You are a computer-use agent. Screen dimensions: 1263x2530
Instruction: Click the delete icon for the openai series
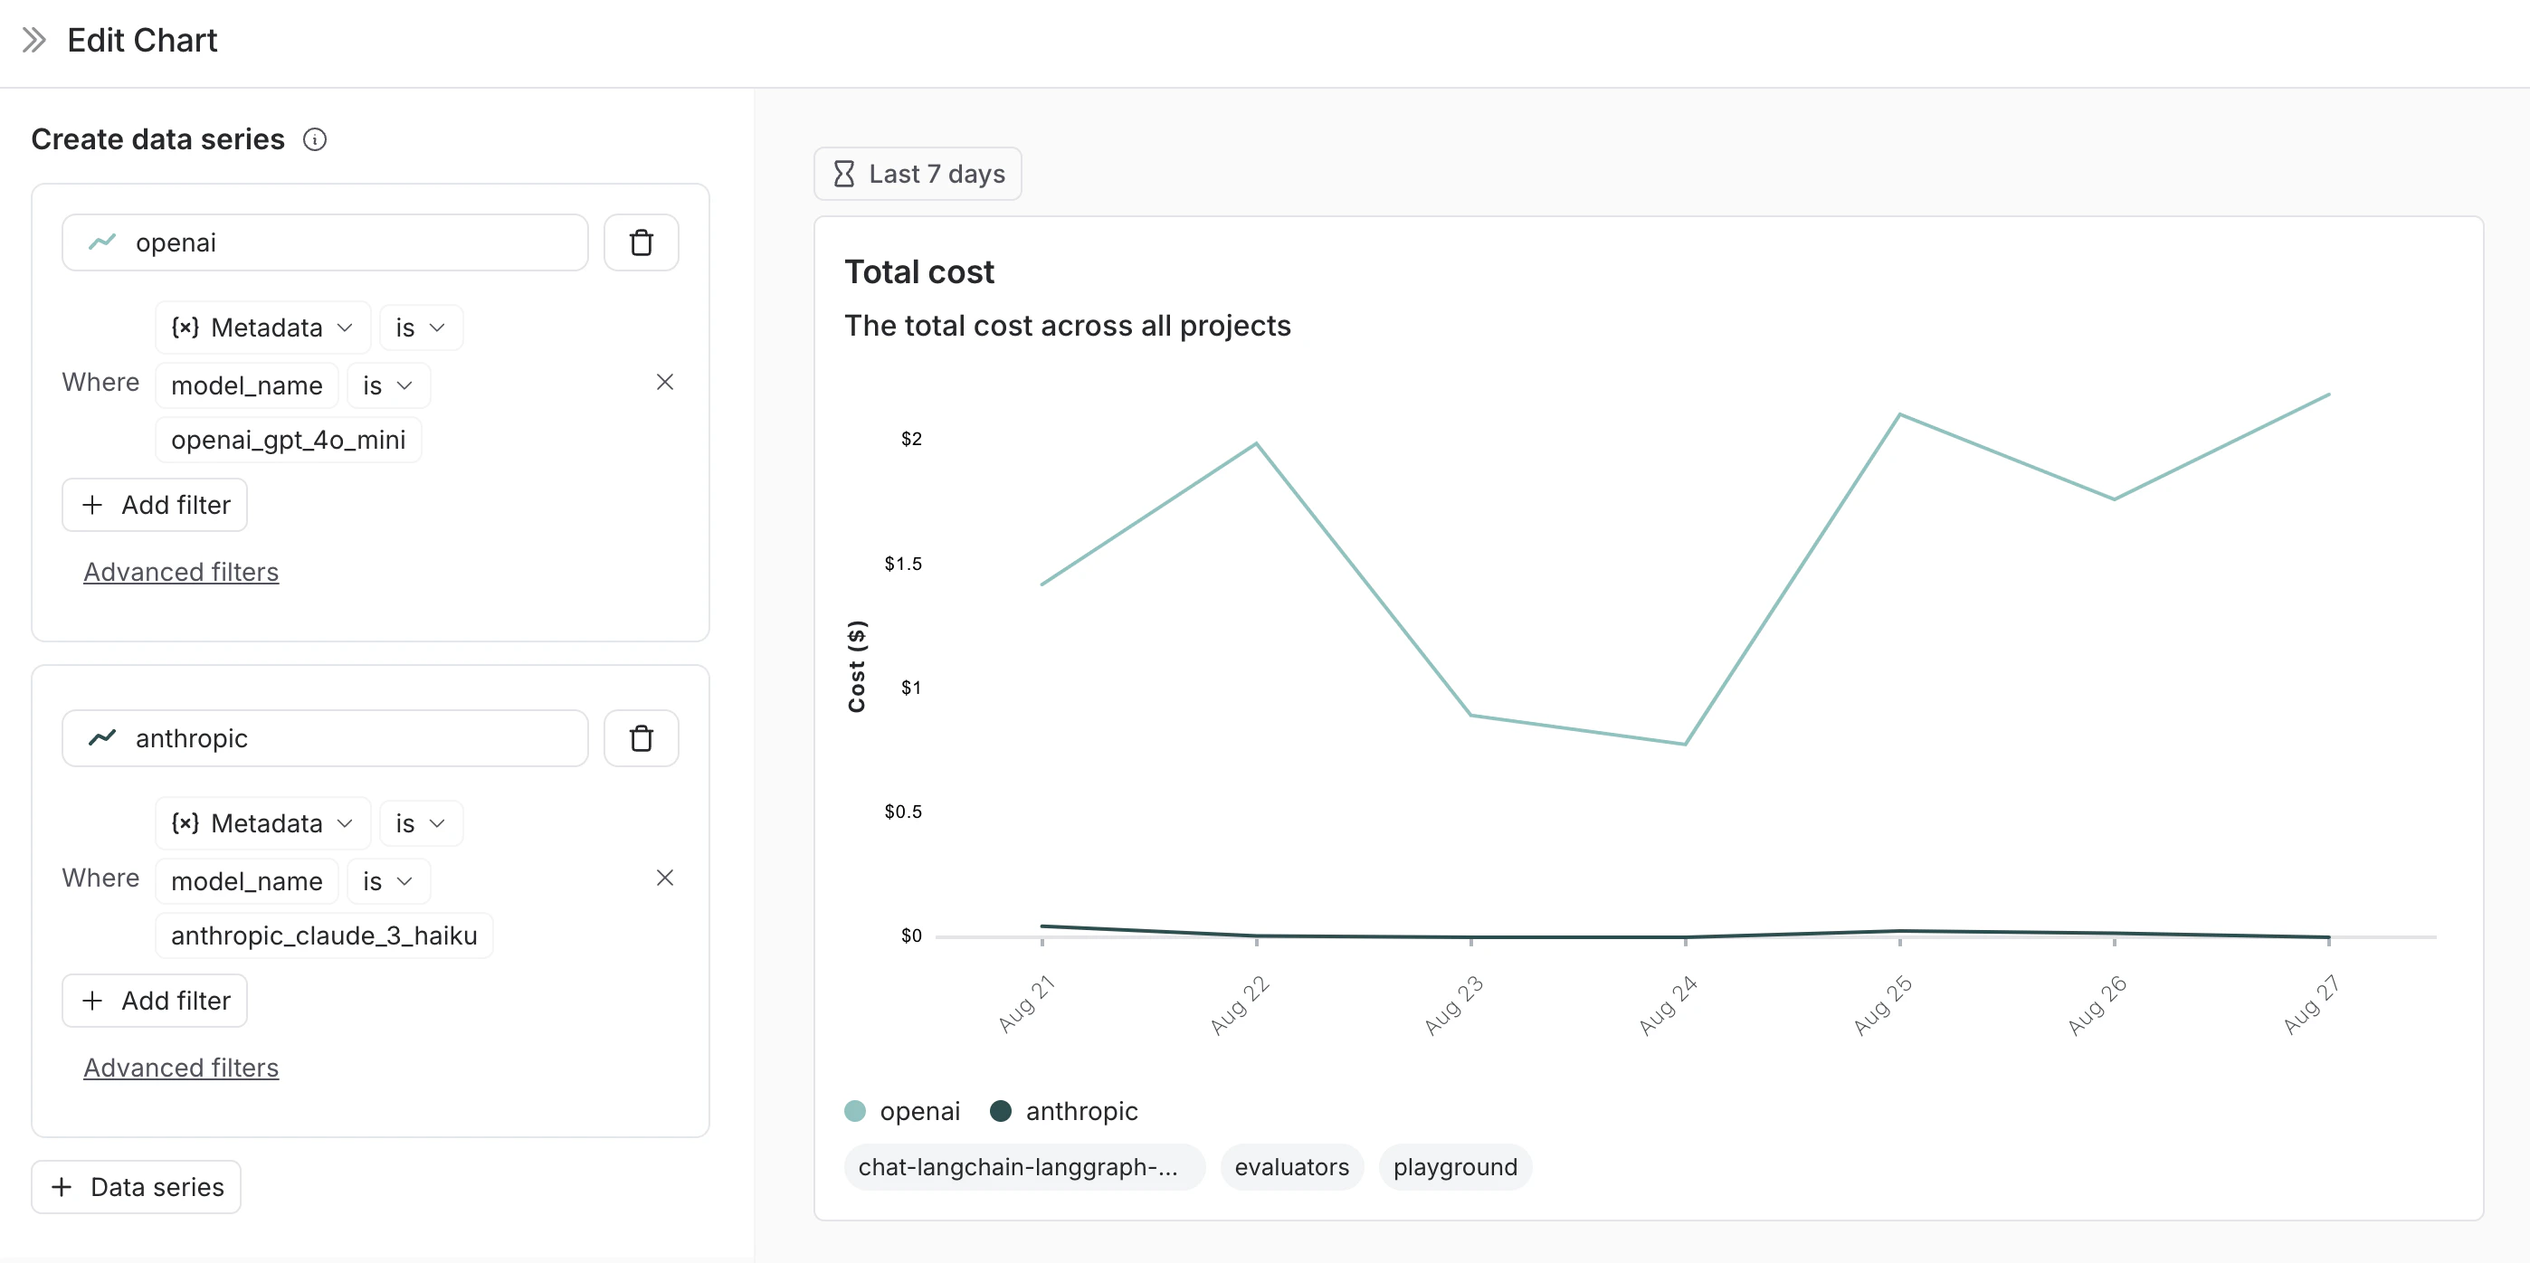click(x=641, y=242)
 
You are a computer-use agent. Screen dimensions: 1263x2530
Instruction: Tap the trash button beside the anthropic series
click(x=641, y=738)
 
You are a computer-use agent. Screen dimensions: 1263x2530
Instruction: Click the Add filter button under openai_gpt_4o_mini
click(x=154, y=505)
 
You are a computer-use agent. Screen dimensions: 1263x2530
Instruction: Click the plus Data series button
click(x=137, y=1187)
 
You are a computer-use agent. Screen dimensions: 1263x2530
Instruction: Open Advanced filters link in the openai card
click(x=181, y=572)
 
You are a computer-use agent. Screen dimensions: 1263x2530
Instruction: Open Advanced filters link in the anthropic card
click(x=181, y=1068)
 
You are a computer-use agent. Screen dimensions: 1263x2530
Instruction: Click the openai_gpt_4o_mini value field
click(x=288, y=440)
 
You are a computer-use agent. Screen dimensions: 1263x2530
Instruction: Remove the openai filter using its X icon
click(x=665, y=382)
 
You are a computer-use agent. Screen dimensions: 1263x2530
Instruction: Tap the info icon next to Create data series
click(x=314, y=139)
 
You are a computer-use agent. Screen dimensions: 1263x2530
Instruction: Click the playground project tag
click(x=1454, y=1167)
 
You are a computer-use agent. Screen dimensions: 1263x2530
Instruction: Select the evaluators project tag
click(x=1291, y=1167)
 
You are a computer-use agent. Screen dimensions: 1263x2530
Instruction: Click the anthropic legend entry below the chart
click(x=1065, y=1111)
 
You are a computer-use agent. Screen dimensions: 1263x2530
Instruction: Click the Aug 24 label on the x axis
click(x=1668, y=1005)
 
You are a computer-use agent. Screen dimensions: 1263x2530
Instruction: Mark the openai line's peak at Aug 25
click(x=1899, y=414)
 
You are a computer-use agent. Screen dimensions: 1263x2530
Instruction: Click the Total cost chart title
click(x=918, y=272)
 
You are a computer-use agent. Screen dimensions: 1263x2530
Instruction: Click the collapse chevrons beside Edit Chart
click(x=34, y=41)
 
